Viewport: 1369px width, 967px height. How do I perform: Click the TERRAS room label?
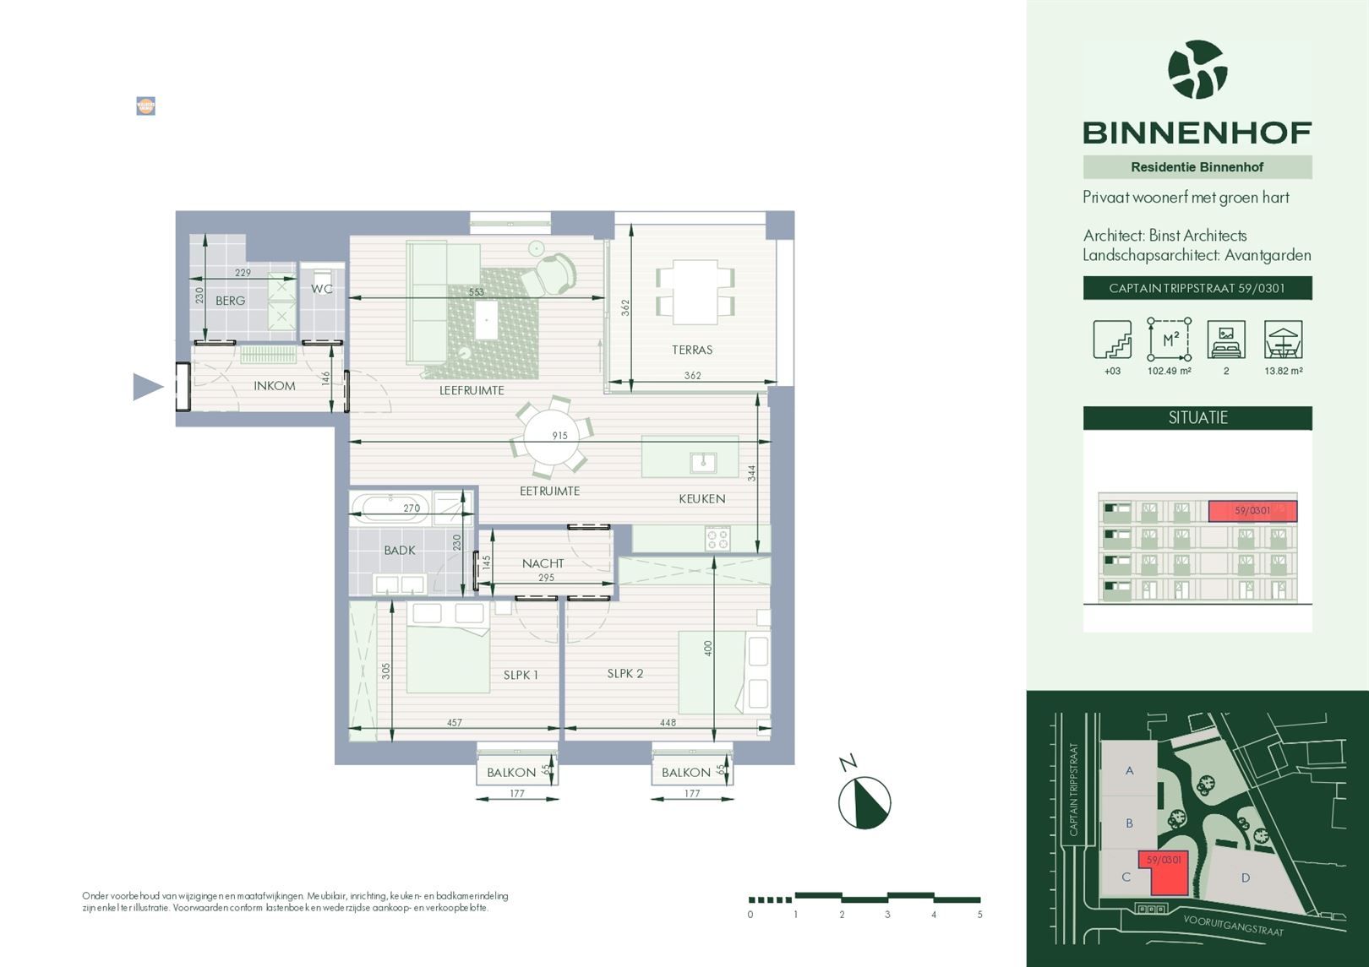pos(692,350)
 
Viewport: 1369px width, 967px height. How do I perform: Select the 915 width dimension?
pos(559,436)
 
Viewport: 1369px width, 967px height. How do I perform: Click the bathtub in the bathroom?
pos(390,508)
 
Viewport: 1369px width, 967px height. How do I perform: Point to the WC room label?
pos(321,289)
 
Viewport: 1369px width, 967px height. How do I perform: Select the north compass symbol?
pos(864,801)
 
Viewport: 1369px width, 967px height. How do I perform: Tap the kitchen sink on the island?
pos(702,462)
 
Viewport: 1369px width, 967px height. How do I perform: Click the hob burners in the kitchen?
pos(717,538)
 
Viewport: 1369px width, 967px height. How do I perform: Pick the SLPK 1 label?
pos(521,675)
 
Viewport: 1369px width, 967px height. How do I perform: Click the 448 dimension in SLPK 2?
pos(668,723)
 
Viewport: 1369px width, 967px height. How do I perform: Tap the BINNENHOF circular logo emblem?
pos(1197,70)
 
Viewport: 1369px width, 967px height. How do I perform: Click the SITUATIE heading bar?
pos(1197,418)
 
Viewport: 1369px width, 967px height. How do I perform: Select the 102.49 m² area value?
pos(1169,371)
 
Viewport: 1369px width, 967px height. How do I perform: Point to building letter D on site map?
pos(1245,878)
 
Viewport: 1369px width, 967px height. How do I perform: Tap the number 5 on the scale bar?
pos(979,915)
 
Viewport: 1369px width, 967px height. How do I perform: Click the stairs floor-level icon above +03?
pos(1112,340)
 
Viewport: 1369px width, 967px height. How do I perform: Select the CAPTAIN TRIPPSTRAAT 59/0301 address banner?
pos(1197,288)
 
